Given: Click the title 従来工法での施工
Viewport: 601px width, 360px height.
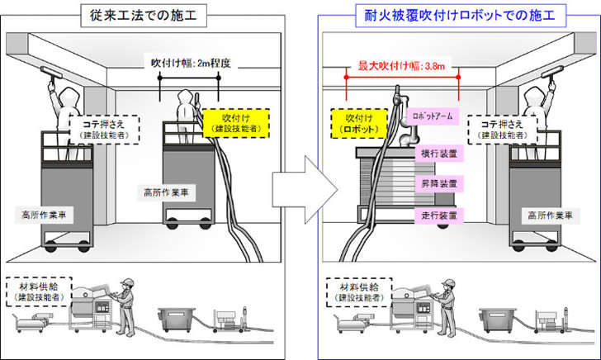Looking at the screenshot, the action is pyautogui.click(x=144, y=16).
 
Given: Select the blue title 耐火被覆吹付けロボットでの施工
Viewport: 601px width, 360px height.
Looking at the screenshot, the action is pyautogui.click(x=461, y=16).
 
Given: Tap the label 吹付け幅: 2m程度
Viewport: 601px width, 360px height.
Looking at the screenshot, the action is pyautogui.click(x=191, y=63).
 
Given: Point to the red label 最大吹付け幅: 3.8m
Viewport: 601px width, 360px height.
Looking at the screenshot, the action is pyautogui.click(x=401, y=66).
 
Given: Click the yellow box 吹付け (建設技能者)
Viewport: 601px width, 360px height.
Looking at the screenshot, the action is pyautogui.click(x=236, y=123).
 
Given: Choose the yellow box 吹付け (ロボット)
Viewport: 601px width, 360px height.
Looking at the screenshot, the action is pyautogui.click(x=359, y=123).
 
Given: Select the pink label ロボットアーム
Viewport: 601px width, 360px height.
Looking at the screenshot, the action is pyautogui.click(x=433, y=116).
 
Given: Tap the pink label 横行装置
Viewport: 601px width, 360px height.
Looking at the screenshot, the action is pyautogui.click(x=439, y=154).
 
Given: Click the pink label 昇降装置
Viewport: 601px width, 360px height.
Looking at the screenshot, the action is pyautogui.click(x=439, y=183).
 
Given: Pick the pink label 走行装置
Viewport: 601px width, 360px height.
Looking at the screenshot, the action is pyautogui.click(x=439, y=216).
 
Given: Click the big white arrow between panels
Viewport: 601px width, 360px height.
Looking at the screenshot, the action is pyautogui.click(x=305, y=190).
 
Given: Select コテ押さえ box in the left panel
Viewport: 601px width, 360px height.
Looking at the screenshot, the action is pyautogui.click(x=104, y=130).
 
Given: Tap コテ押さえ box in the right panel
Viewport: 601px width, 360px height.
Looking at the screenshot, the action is pyautogui.click(x=502, y=130).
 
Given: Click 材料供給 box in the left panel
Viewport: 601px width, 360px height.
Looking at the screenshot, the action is pyautogui.click(x=39, y=291).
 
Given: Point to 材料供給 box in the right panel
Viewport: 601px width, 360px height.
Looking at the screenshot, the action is pyautogui.click(x=359, y=292).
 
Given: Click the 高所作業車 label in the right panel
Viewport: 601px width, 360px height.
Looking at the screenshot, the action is pyautogui.click(x=550, y=216).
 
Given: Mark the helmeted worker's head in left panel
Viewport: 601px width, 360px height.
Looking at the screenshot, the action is pyautogui.click(x=127, y=284).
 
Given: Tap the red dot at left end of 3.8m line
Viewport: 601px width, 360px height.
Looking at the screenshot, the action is pyautogui.click(x=346, y=78).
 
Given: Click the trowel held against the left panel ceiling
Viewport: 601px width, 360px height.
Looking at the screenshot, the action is pyautogui.click(x=51, y=71).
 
